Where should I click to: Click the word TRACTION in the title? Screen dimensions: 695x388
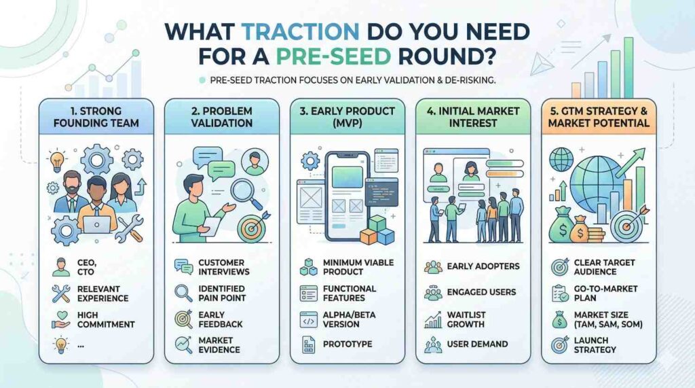[x=300, y=31]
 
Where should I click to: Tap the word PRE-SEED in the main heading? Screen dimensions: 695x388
[x=334, y=56]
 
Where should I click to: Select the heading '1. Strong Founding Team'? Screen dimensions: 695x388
[x=96, y=117]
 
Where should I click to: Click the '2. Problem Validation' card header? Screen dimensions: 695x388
[x=222, y=117]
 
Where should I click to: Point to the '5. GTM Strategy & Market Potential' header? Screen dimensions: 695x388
[x=599, y=117]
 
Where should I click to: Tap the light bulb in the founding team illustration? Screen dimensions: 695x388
[x=57, y=161]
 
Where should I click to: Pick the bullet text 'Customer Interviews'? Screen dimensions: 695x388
[x=224, y=267]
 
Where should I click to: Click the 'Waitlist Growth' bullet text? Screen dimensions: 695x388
[x=466, y=319]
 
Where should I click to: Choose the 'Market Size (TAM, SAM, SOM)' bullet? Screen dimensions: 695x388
[x=608, y=319]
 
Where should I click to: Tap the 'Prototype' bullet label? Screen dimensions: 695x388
[x=347, y=344]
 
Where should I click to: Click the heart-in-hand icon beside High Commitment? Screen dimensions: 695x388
[x=60, y=319]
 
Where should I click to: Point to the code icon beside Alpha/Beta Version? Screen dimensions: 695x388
[x=309, y=320]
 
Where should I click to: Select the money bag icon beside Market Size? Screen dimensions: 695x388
[x=559, y=319]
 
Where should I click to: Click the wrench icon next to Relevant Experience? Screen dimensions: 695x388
[x=60, y=294]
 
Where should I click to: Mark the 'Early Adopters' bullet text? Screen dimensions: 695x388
[x=483, y=266]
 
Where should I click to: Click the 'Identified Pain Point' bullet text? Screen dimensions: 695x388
[x=222, y=294]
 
